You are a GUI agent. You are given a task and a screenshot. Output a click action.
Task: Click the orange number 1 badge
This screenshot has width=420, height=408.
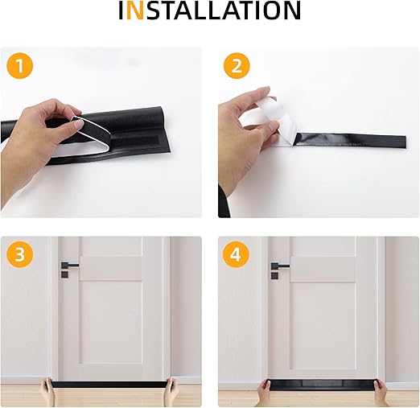[x=19, y=65]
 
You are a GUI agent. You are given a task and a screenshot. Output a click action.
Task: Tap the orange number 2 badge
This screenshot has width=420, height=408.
[x=237, y=65]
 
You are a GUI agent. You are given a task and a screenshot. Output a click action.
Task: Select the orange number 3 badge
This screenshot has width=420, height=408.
[x=19, y=254]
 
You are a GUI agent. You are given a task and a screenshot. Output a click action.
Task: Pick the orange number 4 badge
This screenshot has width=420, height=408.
[x=236, y=254]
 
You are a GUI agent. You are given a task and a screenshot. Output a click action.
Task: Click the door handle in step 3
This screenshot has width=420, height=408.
[x=69, y=266]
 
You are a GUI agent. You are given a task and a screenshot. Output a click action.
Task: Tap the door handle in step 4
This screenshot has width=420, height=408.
[x=280, y=266]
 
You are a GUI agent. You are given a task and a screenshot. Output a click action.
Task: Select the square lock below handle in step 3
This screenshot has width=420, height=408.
[x=64, y=274]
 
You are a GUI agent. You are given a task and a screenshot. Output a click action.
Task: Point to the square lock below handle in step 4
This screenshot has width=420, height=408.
[x=274, y=275]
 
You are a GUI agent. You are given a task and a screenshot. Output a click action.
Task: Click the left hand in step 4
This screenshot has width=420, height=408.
[x=264, y=393]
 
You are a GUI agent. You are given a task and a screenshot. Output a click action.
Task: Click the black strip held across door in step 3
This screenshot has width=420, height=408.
[x=109, y=384]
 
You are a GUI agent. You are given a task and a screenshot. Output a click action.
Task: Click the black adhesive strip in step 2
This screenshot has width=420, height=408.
[x=350, y=140]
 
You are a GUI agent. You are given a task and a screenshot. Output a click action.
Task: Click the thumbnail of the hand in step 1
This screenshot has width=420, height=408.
[x=78, y=124]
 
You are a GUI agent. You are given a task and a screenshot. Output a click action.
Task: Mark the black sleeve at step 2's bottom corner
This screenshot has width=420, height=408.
[x=224, y=203]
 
